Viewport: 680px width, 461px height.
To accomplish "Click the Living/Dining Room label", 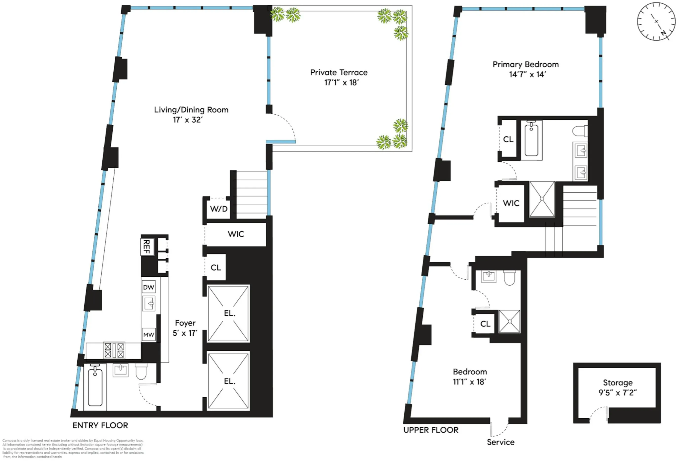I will point(191,110).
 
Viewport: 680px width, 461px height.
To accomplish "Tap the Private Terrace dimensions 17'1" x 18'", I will point(341,83).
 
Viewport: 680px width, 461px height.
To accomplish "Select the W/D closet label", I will point(218,209).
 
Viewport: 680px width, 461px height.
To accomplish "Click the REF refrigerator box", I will point(147,247).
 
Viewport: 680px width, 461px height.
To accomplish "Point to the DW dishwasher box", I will point(149,287).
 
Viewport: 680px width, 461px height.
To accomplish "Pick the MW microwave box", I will point(149,334).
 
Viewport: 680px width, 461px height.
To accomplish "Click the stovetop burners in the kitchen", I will point(114,350).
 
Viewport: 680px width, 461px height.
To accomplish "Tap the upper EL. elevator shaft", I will point(228,313).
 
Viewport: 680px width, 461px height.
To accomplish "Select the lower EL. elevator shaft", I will point(228,381).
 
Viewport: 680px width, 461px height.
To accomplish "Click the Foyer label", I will point(185,323).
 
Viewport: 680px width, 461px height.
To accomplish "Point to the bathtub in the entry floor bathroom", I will point(95,387).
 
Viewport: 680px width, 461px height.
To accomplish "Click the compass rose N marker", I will point(663,33).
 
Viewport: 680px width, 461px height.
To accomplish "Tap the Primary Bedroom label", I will point(525,64).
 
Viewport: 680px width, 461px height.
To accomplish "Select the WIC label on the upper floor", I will point(511,203).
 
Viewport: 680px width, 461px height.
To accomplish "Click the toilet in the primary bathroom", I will point(579,131).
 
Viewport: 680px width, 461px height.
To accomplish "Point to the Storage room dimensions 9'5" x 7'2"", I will point(617,393).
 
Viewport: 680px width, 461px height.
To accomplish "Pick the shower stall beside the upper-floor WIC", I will point(542,199).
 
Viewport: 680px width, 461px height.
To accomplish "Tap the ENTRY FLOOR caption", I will point(100,425).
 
